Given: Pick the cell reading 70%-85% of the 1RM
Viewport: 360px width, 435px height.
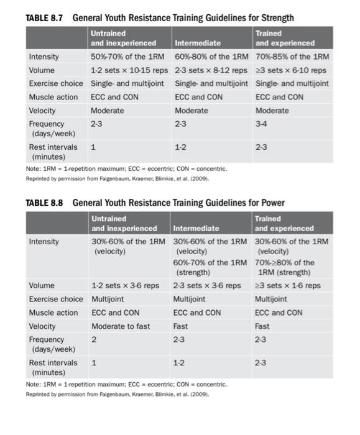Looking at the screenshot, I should (292, 57).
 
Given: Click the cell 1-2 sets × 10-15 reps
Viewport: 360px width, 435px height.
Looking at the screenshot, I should (127, 71).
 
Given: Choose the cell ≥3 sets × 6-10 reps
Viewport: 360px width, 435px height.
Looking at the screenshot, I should (291, 71).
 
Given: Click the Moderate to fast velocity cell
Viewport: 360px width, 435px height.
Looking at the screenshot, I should (121, 326).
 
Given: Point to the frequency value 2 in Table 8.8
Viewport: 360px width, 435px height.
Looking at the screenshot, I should (95, 340).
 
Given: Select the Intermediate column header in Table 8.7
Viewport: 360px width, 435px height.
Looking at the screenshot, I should (197, 43).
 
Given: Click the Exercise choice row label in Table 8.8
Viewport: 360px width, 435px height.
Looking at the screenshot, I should (56, 300).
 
